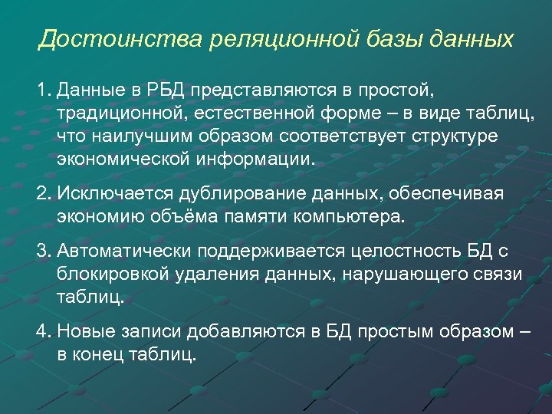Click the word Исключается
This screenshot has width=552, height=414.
coord(113,194)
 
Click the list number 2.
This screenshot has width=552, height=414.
coord(42,194)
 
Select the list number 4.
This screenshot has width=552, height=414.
coord(42,331)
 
